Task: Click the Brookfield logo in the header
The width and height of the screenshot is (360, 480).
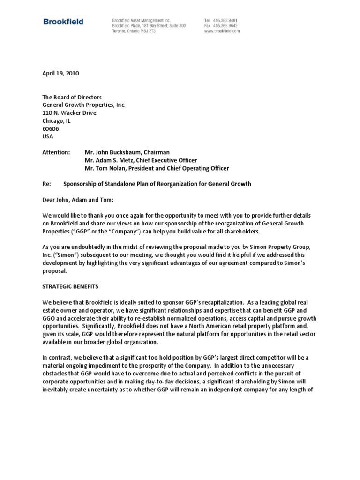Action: coord(63,21)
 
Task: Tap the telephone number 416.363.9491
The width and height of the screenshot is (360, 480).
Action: coord(225,21)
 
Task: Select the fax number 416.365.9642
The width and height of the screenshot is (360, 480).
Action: coord(225,26)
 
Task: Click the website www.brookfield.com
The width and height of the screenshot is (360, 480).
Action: coord(222,31)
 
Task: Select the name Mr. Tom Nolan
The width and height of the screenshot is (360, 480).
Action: coord(105,168)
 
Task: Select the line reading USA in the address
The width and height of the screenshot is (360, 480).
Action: coord(48,136)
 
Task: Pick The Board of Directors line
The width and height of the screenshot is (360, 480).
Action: coord(72,97)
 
